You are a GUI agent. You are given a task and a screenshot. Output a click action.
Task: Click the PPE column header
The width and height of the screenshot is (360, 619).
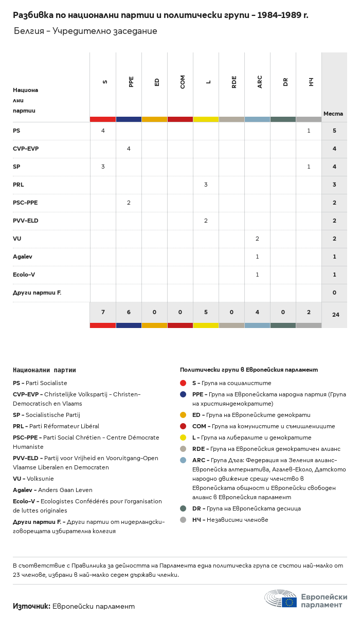pos(131,81)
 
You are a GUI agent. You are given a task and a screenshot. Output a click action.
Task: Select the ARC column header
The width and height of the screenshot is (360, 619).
pos(260,81)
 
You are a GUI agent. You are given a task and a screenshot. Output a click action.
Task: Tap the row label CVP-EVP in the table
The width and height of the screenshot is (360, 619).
pos(26,149)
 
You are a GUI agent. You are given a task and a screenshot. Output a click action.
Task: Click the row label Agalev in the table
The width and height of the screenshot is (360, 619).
pos(23,257)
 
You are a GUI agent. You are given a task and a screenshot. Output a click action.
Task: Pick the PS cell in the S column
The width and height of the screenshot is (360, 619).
pos(103,131)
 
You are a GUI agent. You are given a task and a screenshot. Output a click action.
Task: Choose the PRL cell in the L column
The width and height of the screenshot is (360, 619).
pos(206,185)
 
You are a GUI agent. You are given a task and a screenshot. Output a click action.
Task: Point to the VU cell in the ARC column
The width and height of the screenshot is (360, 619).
pos(257,239)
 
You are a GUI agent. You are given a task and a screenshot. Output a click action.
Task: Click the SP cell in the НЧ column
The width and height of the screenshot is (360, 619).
pos(309,167)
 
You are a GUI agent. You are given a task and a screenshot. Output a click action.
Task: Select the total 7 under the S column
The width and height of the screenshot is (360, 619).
pos(103,312)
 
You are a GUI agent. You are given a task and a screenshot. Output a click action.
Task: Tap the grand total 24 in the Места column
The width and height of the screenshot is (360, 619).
pos(335,315)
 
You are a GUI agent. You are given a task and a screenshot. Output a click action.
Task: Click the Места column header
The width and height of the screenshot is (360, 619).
pos(333,114)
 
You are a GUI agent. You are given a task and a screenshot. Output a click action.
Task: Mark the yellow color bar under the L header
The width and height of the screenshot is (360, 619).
pos(206,119)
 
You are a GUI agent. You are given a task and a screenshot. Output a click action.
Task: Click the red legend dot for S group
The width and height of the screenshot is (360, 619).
pos(183,383)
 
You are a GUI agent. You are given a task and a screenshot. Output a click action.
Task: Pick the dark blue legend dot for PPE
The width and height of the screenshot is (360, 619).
pos(183,394)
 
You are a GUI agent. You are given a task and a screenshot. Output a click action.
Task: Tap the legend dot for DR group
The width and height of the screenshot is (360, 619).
pos(183,508)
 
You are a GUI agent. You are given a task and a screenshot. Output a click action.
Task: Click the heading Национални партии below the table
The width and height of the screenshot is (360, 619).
pos(44,370)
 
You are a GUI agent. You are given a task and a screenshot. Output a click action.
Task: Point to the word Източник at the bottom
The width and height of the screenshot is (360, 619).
pos(31,606)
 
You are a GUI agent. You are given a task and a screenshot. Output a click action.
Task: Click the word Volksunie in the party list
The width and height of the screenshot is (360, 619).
pos(41,479)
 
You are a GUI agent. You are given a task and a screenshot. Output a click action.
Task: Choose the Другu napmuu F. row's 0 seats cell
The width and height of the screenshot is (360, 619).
pos(334,293)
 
